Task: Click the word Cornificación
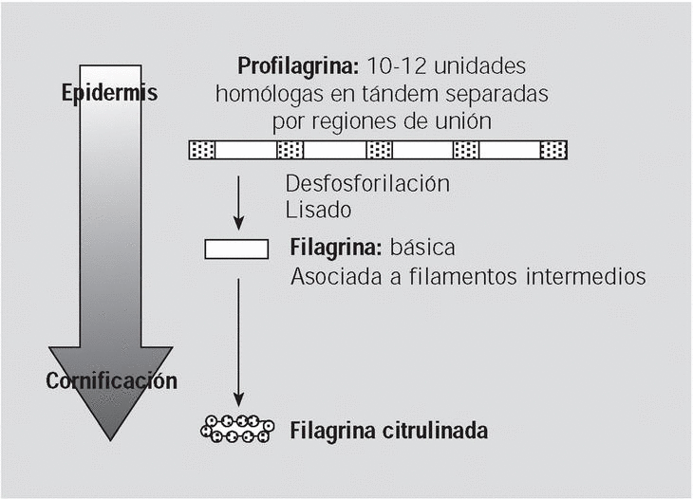(x=112, y=381)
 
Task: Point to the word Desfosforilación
(x=367, y=182)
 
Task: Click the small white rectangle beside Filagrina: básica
(x=237, y=249)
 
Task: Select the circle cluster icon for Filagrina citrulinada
(x=237, y=429)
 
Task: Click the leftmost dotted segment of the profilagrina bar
(x=202, y=150)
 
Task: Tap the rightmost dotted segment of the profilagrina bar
(x=553, y=150)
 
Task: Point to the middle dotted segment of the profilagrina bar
(x=380, y=150)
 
